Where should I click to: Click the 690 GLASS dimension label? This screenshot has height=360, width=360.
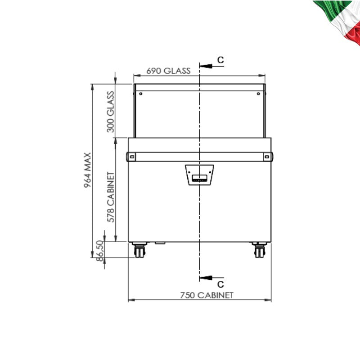click(x=168, y=71)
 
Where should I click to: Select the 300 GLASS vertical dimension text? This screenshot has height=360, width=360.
click(x=110, y=112)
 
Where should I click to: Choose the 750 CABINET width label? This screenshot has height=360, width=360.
click(x=207, y=295)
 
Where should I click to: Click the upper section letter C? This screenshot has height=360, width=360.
click(x=220, y=60)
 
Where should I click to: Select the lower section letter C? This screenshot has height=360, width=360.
click(x=220, y=284)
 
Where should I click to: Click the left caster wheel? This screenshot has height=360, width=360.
click(x=139, y=251)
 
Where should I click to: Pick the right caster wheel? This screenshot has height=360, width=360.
click(x=259, y=251)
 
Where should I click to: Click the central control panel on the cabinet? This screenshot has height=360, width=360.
click(x=199, y=175)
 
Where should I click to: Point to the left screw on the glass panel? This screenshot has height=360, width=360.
click(x=140, y=94)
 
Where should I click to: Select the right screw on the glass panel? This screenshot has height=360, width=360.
click(x=258, y=94)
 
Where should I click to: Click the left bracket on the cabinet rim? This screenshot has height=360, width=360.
click(x=132, y=157)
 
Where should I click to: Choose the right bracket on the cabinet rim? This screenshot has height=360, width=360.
click(x=267, y=157)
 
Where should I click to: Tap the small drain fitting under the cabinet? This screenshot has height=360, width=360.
click(x=160, y=243)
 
